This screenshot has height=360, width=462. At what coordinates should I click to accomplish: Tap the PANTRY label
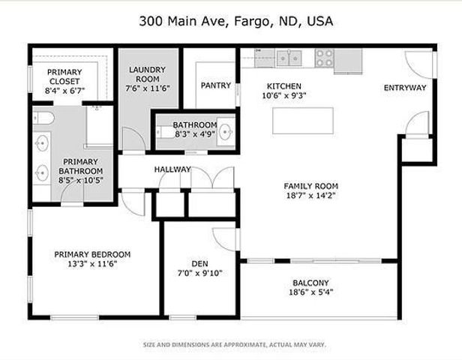215,85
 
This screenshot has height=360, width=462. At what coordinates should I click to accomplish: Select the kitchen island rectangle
302,121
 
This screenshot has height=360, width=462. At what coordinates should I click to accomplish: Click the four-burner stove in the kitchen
325,58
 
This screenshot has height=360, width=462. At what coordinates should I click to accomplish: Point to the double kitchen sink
288,58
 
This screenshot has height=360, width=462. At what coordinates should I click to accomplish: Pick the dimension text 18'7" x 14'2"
310,196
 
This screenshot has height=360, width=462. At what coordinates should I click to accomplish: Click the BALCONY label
310,283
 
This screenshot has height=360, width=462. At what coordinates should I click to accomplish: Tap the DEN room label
199,263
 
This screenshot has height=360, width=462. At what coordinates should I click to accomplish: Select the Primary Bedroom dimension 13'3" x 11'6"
92,264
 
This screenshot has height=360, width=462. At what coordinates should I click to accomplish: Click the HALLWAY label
172,169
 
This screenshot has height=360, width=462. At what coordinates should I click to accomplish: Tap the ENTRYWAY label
405,88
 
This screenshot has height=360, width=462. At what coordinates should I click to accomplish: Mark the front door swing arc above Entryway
418,64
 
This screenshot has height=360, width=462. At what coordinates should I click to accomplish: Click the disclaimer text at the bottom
234,345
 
